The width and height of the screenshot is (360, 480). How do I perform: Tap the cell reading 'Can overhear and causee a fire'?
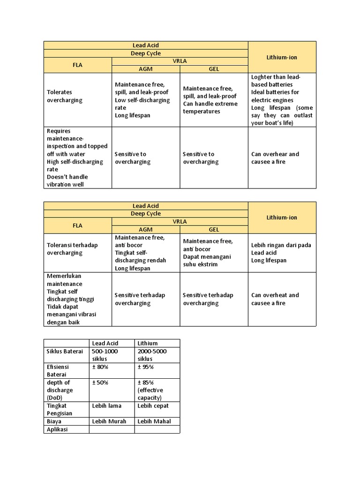[x=282, y=158]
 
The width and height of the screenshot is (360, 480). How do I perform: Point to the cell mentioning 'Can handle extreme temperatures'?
[x=214, y=100]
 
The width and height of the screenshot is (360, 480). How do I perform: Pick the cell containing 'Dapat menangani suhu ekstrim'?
[x=214, y=253]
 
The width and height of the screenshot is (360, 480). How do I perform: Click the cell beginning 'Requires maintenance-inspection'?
[x=78, y=158]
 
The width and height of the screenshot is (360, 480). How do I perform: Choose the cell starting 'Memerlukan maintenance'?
[x=78, y=299]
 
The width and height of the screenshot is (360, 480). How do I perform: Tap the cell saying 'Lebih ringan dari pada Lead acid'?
[x=282, y=253]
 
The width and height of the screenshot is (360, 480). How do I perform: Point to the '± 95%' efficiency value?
[x=146, y=367]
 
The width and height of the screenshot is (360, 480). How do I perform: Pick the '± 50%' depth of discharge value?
[x=100, y=382]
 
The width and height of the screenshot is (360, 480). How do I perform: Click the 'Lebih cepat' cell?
[x=153, y=405]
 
